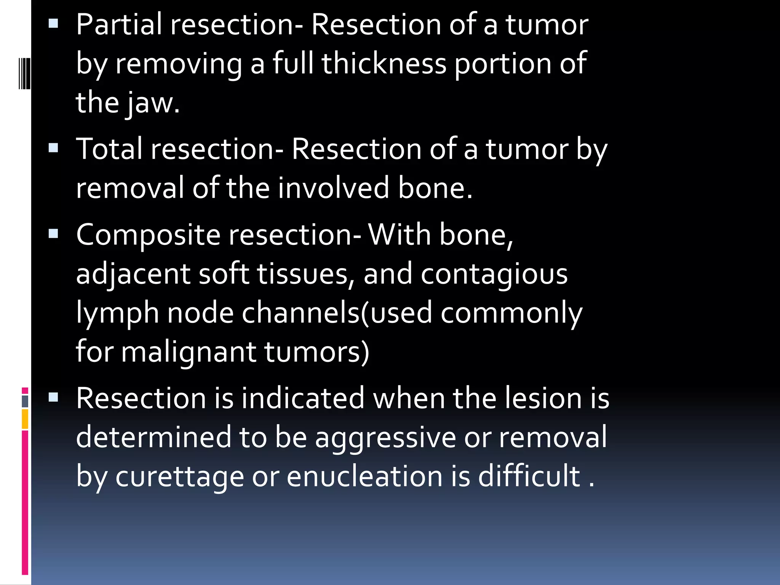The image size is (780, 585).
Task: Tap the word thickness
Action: (x=384, y=63)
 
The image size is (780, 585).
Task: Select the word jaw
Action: (x=153, y=103)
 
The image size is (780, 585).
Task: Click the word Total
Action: (x=109, y=149)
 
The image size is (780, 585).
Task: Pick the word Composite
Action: (x=148, y=235)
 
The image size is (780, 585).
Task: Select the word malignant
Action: (x=188, y=352)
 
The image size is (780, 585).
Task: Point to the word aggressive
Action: (x=385, y=438)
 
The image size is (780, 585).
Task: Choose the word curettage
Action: (x=179, y=476)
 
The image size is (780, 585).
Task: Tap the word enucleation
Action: (x=364, y=476)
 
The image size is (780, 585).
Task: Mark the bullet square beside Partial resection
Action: (x=53, y=25)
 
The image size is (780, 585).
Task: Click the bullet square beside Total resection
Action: (x=53, y=148)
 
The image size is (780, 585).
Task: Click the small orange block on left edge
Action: (x=25, y=419)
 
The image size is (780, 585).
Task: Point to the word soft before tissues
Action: (x=224, y=274)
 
